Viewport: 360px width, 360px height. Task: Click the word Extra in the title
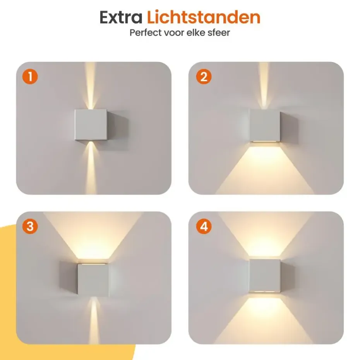[121, 17]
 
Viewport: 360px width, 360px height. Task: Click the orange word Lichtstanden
[203, 17]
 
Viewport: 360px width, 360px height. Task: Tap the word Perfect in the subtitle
[146, 33]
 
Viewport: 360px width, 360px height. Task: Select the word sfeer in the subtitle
[219, 33]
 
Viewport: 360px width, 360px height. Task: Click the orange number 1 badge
[30, 77]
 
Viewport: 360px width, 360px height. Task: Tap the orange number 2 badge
[204, 77]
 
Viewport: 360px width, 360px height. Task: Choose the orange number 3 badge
[30, 226]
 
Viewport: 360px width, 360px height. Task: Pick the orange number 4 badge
[204, 226]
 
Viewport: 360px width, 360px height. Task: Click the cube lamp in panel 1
[91, 125]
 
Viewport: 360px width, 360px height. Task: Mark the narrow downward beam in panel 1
[91, 168]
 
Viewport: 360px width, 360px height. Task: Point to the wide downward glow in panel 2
[265, 170]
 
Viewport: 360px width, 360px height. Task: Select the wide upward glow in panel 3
[93, 237]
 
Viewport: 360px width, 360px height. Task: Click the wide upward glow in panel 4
[265, 235]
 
